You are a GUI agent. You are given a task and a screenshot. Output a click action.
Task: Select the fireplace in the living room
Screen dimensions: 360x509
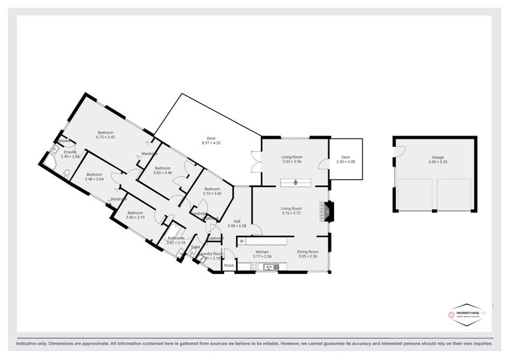(x=327, y=211)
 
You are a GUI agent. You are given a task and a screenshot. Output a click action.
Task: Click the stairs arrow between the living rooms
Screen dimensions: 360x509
(x=296, y=182)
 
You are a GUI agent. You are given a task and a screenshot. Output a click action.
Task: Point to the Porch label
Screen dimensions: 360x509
(x=229, y=265)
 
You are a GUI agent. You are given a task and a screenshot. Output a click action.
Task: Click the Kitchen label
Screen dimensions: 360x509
(x=263, y=252)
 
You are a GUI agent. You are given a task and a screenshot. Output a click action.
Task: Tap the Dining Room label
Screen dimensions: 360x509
(x=307, y=252)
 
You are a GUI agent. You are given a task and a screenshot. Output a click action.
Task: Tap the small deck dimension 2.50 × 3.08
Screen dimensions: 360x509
(x=345, y=162)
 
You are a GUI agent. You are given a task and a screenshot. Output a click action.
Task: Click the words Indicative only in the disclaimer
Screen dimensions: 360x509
(x=29, y=344)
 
